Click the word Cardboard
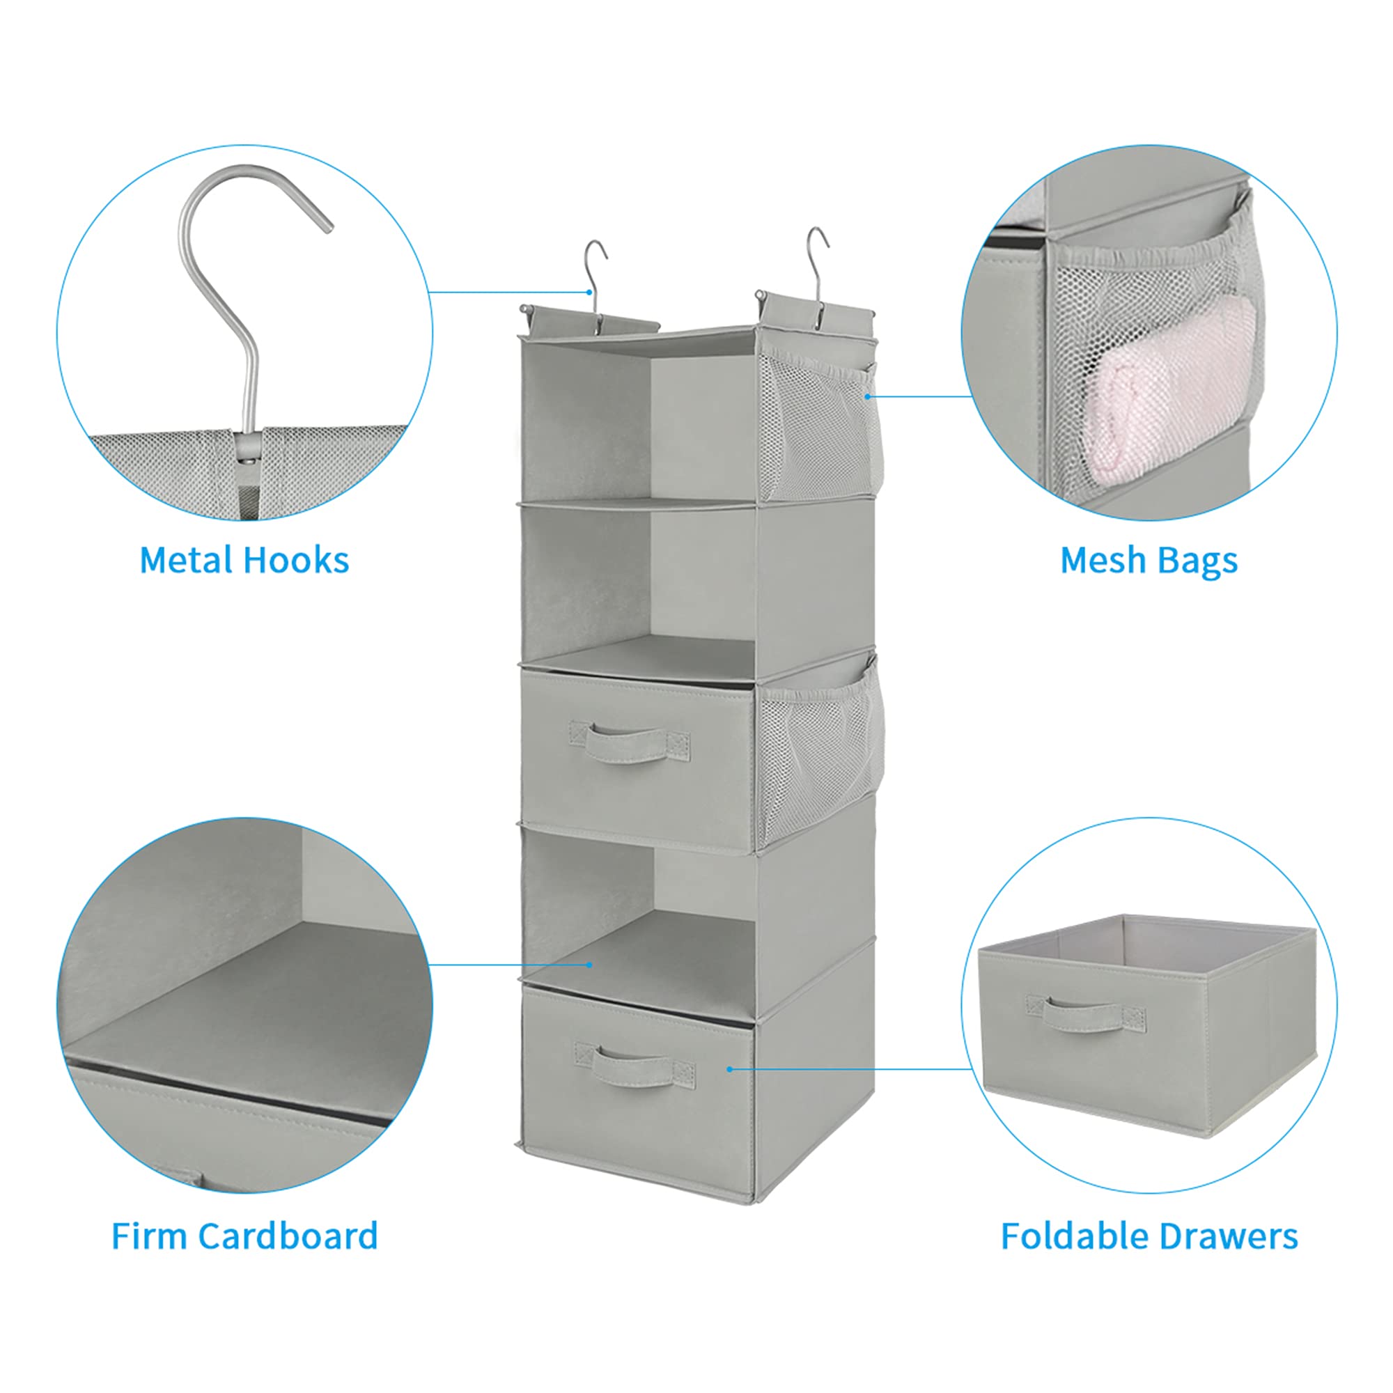coord(288,1236)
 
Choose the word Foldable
coord(1073,1236)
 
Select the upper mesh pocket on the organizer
coord(820,426)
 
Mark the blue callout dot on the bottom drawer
coord(730,1069)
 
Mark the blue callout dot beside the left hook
coord(590,292)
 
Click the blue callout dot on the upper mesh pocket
coord(867,396)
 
